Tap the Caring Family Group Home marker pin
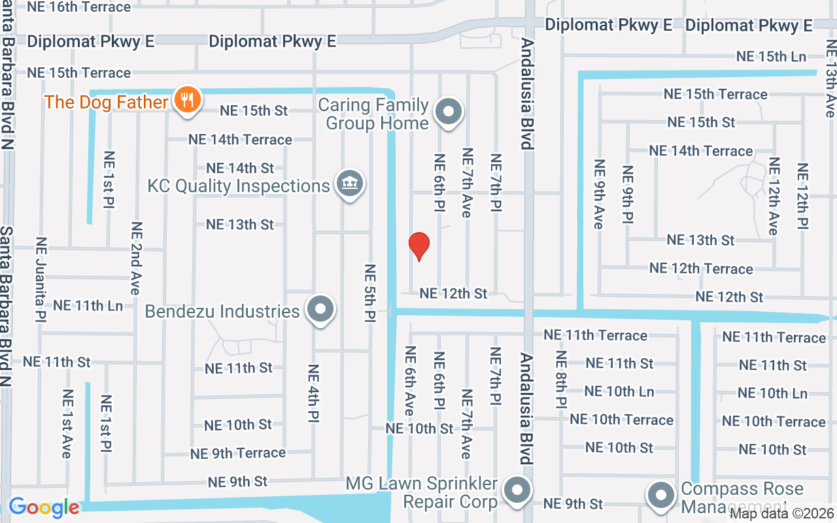tap(449, 112)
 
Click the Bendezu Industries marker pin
tap(320, 310)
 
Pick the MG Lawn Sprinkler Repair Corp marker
tap(518, 490)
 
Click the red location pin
tap(418, 246)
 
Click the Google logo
tap(44, 507)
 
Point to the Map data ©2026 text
tap(782, 513)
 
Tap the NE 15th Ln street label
tap(771, 57)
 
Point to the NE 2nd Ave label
tap(136, 258)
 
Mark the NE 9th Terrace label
tap(238, 453)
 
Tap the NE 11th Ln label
tap(88, 305)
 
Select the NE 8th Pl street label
tap(561, 380)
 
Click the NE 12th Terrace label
tap(701, 269)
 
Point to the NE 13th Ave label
tap(830, 78)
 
